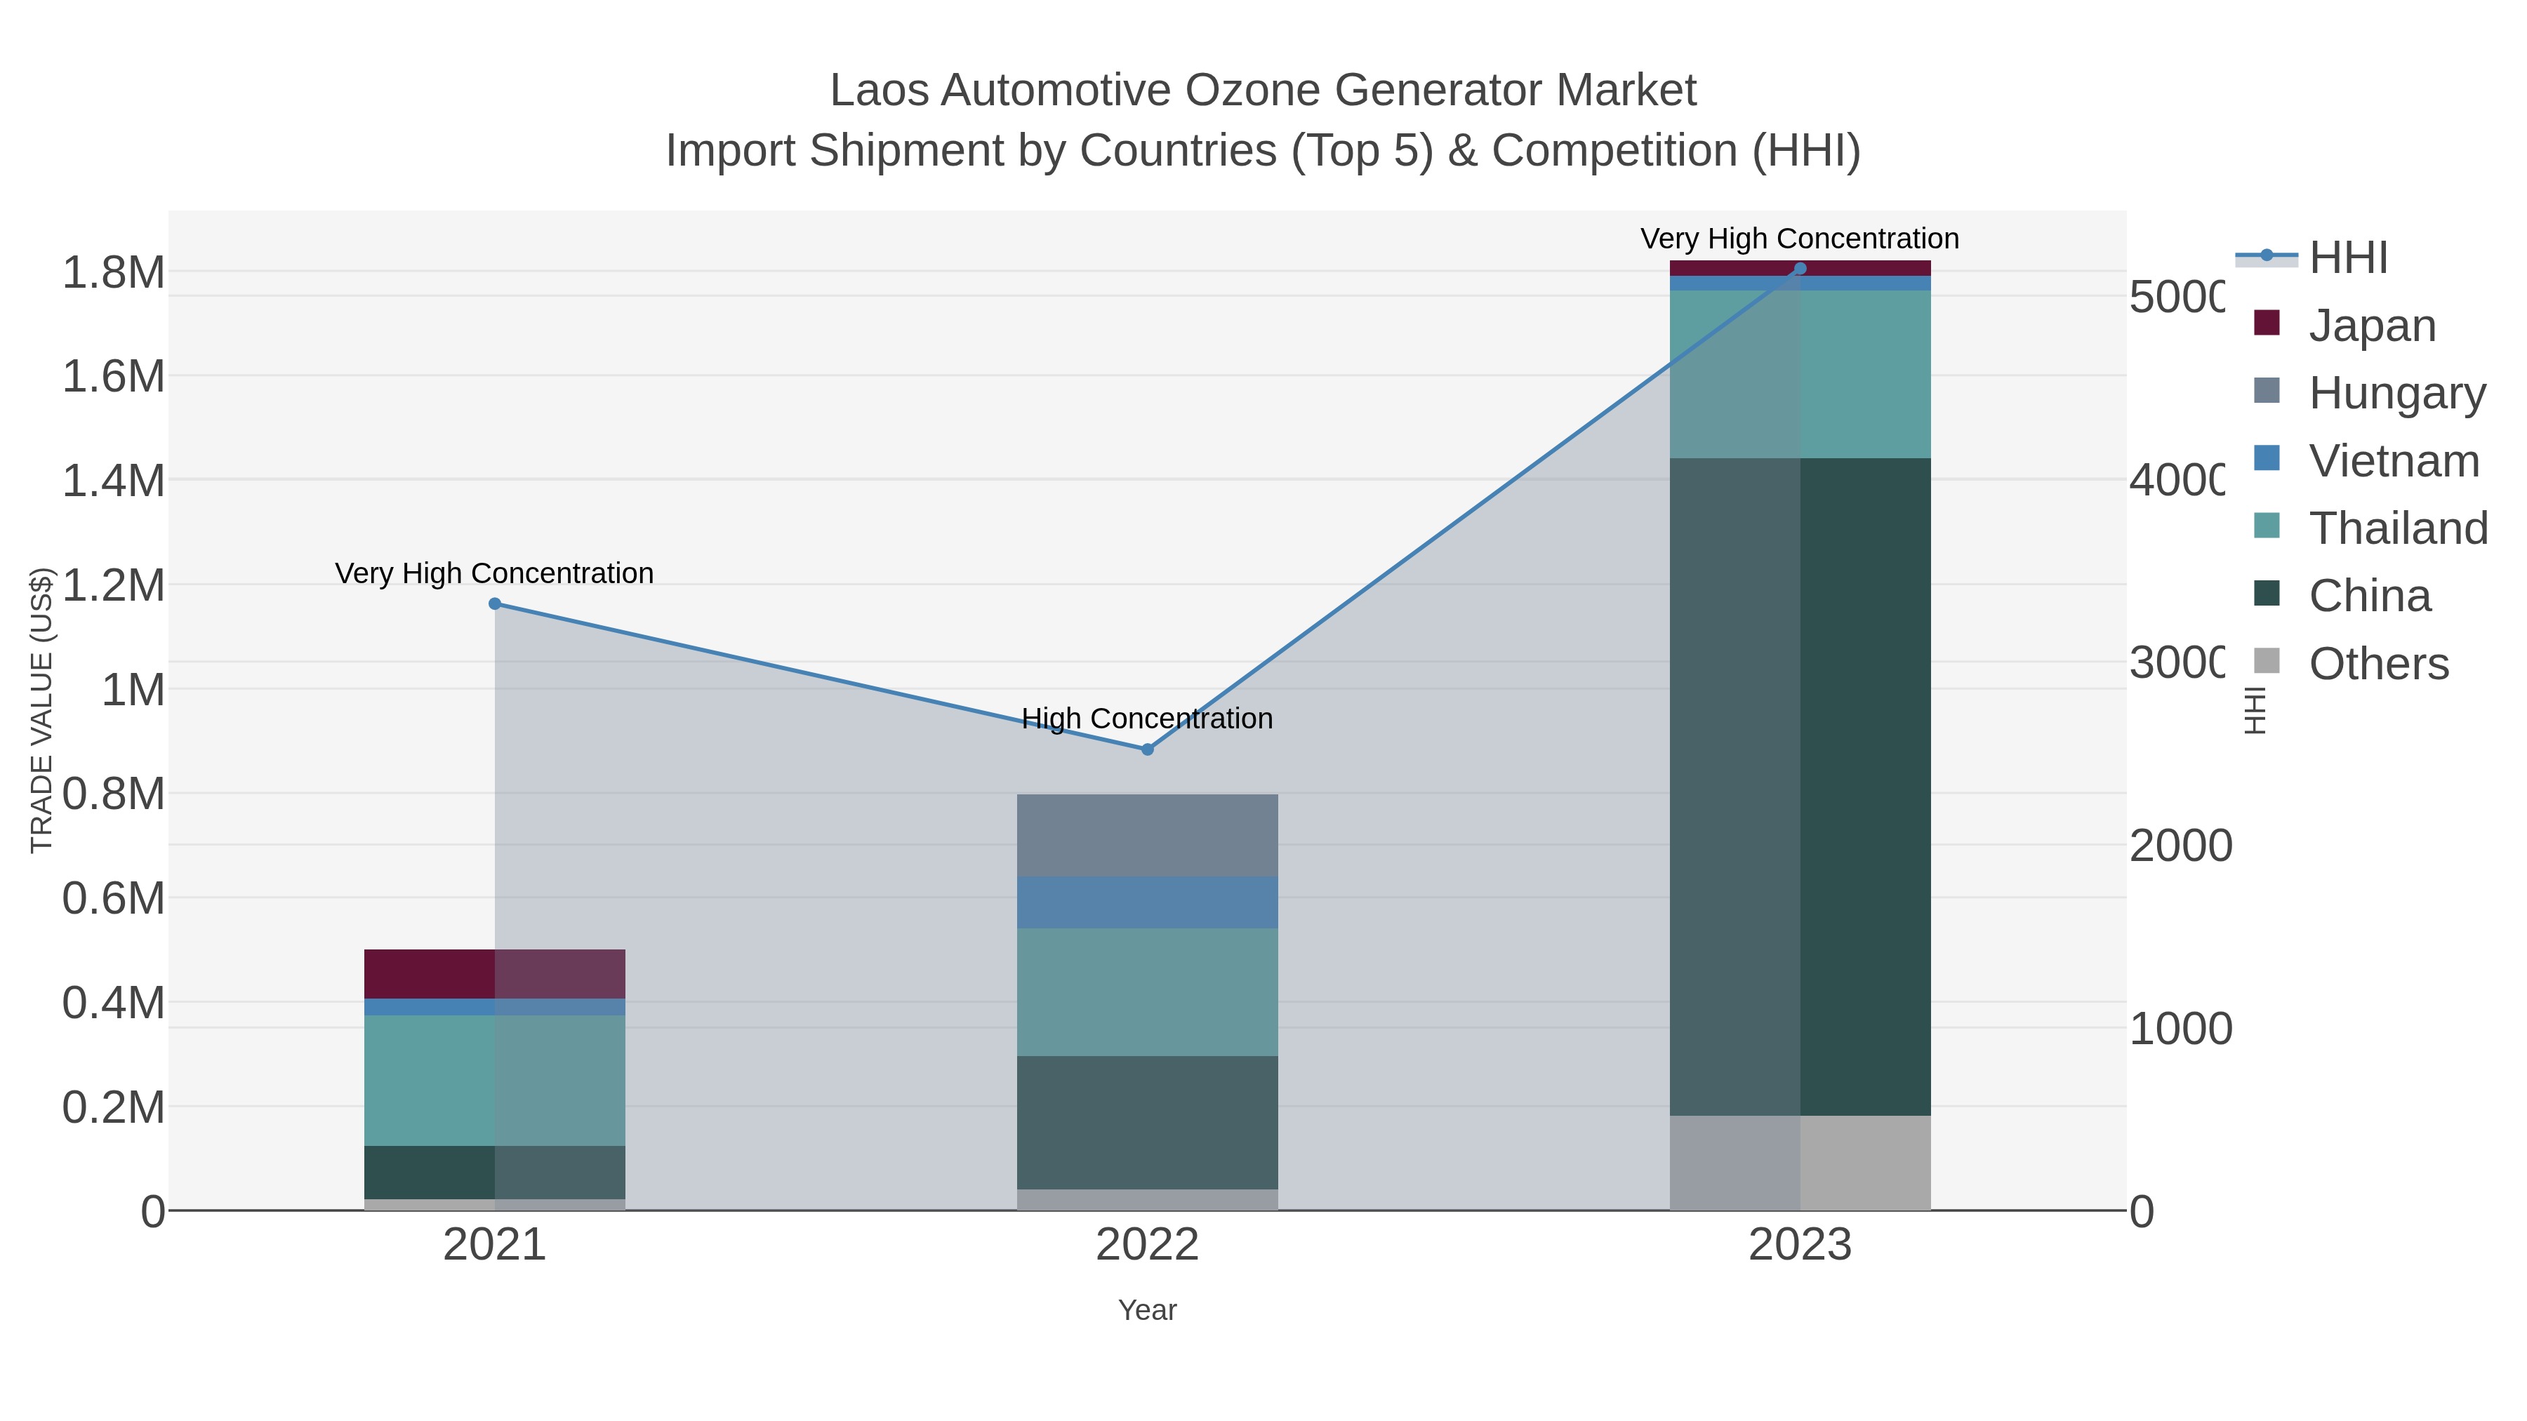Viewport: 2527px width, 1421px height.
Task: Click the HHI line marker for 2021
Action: [x=494, y=604]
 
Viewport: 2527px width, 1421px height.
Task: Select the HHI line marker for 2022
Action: [x=1148, y=749]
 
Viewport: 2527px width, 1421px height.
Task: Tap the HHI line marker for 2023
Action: [x=1799, y=269]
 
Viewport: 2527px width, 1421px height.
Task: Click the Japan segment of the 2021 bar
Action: [x=494, y=974]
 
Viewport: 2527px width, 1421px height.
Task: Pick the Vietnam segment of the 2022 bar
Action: [x=1148, y=902]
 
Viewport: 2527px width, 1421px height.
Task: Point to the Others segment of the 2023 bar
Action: [x=1799, y=1162]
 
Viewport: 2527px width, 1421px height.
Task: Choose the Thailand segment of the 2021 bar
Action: [x=494, y=1080]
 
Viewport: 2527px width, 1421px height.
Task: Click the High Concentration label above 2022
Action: [x=1148, y=719]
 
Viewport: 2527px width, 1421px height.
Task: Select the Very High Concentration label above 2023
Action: [x=1799, y=239]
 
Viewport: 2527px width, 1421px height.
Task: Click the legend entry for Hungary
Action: [x=2396, y=393]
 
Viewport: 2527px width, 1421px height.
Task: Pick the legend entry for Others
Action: [x=2378, y=664]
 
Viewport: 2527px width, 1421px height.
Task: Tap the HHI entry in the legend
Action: [x=2347, y=258]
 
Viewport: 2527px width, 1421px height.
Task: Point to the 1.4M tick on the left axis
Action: [x=114, y=481]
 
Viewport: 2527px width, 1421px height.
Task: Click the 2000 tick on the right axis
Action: [x=2180, y=846]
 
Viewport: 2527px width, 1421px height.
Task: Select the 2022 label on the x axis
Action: [x=1148, y=1246]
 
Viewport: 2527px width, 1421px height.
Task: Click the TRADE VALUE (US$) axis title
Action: [x=41, y=710]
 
